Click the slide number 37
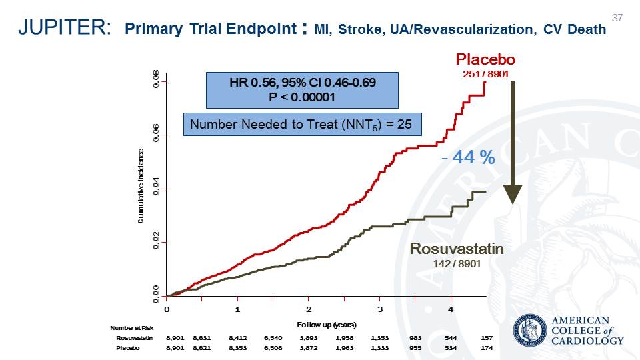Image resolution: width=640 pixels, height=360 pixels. point(617,17)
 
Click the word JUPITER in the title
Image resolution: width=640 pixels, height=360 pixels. point(64,28)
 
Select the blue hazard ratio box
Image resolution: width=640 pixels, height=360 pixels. point(302,90)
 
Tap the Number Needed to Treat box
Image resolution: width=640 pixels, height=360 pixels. point(301,124)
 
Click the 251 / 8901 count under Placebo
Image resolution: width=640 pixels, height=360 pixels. point(485,73)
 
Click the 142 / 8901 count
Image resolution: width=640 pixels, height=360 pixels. point(457,263)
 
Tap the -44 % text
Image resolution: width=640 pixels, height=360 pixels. point(469,158)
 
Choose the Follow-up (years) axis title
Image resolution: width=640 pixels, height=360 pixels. point(327,325)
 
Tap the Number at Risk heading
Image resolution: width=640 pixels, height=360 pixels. point(132,328)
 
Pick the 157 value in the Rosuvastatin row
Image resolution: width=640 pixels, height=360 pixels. point(487,338)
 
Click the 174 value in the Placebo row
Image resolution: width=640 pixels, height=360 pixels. point(487,348)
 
